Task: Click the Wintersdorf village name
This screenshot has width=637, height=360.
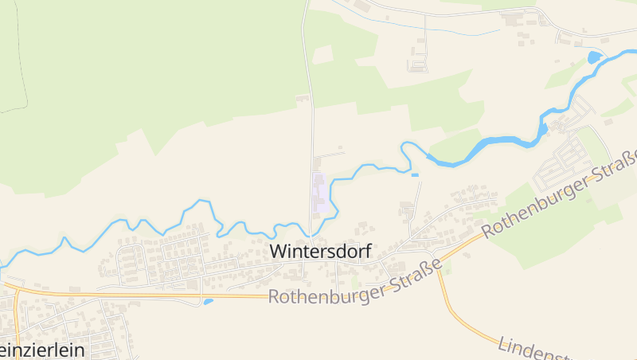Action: [x=320, y=251]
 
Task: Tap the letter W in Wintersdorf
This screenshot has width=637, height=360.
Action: [x=277, y=251]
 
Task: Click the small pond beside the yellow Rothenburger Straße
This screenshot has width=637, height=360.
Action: [x=208, y=302]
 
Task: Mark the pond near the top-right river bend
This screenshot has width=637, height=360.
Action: [x=594, y=57]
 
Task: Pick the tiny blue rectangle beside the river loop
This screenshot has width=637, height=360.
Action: [x=415, y=174]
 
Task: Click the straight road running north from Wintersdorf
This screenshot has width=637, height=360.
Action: [x=311, y=119]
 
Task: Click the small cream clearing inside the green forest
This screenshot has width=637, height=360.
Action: [x=322, y=54]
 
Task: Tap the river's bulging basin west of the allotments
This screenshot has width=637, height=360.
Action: [x=543, y=127]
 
